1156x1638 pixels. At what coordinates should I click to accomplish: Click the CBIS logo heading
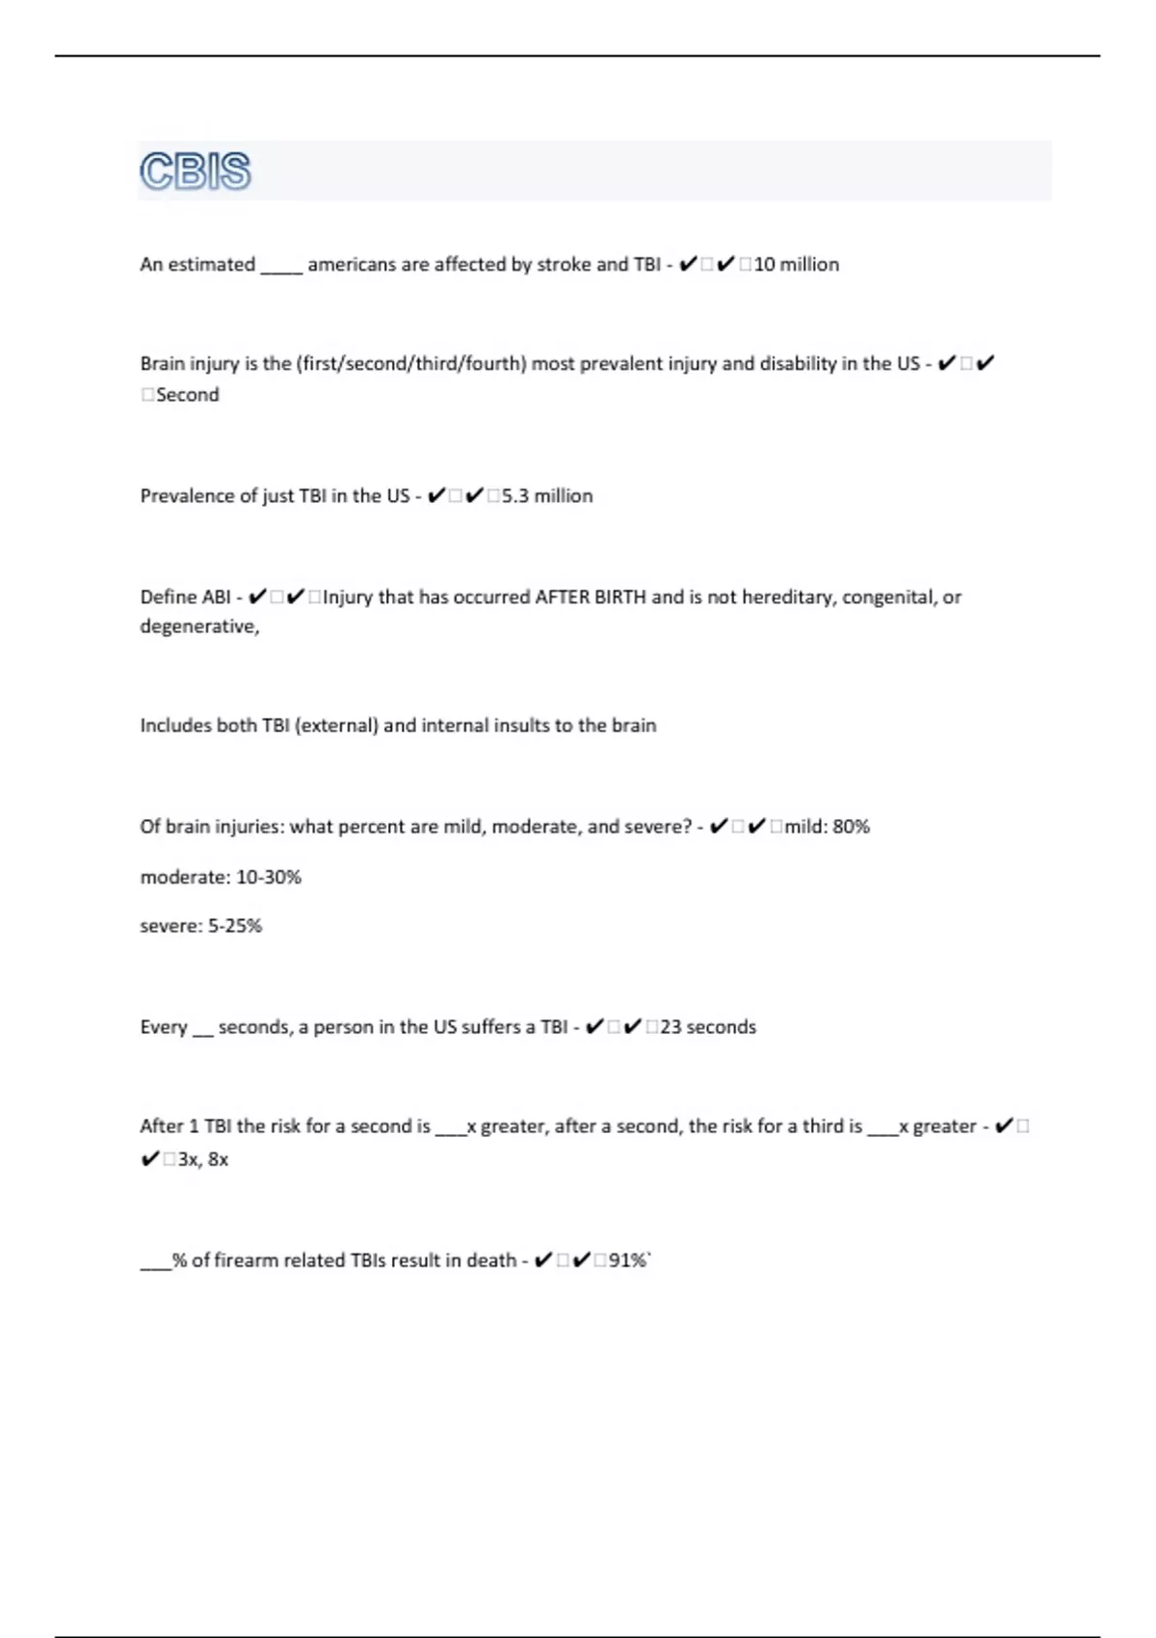196,172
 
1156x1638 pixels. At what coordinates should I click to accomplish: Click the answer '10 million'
796,264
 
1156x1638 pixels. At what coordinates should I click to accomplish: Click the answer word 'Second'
187,394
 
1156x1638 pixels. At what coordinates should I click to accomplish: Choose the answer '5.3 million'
547,495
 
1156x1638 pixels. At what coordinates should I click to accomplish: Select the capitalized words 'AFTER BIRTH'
591,596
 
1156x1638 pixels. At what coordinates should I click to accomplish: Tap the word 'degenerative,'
199,626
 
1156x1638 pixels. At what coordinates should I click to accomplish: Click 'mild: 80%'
827,826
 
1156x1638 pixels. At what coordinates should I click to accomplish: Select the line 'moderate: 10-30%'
221,877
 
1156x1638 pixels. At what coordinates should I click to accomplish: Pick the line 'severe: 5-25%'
201,925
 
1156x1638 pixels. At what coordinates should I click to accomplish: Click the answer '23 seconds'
708,1026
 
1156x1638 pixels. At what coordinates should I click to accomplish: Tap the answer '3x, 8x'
203,1158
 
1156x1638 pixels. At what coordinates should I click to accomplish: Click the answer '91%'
628,1259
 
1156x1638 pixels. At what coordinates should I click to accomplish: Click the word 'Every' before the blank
164,1026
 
